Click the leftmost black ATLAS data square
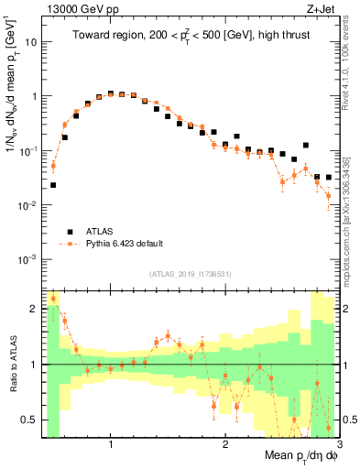coord(53,185)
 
